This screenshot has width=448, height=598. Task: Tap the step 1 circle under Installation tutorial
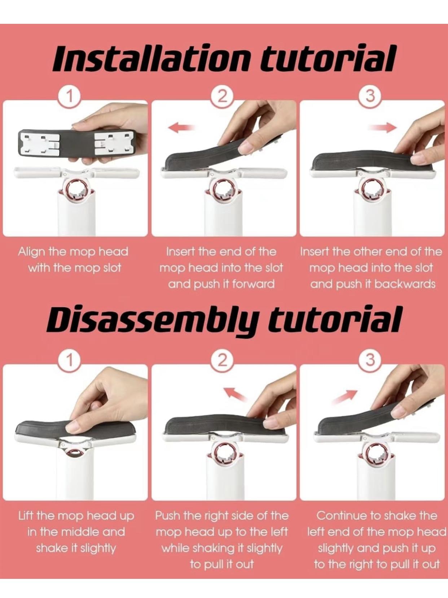(x=70, y=97)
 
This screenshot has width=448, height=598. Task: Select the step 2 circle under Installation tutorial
(x=223, y=97)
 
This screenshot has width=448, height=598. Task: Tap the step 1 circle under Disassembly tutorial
(x=70, y=360)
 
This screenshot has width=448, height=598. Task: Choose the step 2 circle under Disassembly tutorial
(x=223, y=360)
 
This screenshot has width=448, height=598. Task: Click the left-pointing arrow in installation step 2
(x=181, y=127)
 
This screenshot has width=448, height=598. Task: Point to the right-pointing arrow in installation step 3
(x=382, y=127)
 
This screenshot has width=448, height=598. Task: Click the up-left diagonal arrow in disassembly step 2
(x=235, y=393)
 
